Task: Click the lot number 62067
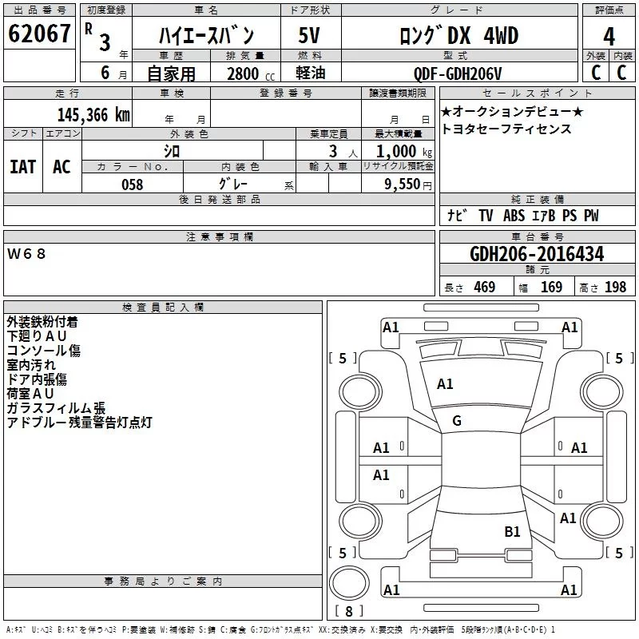click(39, 34)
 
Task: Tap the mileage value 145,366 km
click(93, 115)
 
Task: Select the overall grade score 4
click(609, 37)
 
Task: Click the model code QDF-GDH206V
click(458, 73)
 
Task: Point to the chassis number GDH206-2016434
click(537, 254)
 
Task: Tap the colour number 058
click(133, 185)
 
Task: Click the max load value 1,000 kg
click(404, 152)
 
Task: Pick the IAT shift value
click(23, 167)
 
